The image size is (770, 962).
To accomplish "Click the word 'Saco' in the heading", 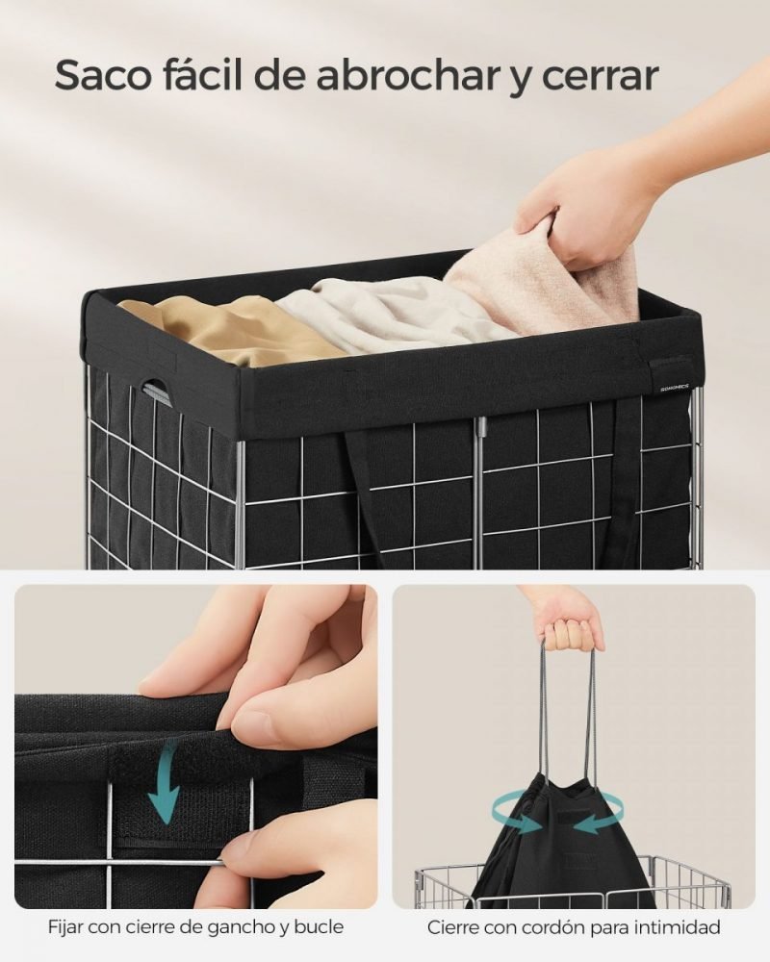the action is [103, 76].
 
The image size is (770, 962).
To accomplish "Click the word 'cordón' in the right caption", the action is [552, 927].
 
